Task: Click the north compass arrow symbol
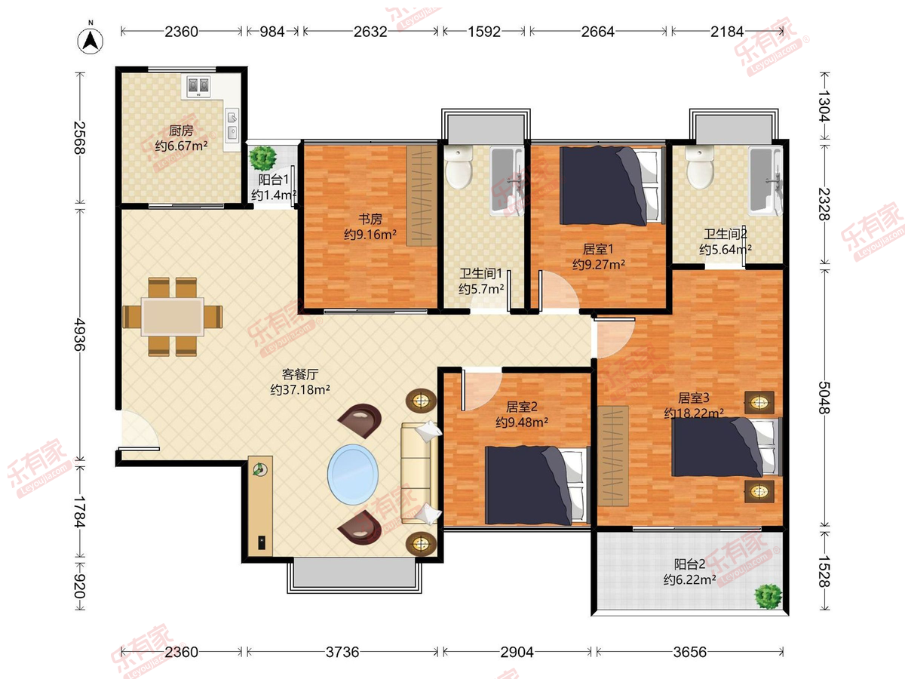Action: (x=90, y=41)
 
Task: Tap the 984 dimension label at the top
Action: (x=272, y=32)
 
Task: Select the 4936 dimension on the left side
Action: (x=80, y=334)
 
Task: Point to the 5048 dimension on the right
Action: (x=824, y=398)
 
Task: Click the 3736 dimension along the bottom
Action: (x=342, y=652)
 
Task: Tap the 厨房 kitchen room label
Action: (x=181, y=131)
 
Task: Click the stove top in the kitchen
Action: (x=198, y=86)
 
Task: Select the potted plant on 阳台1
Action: (x=263, y=158)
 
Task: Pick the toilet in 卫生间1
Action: (x=459, y=167)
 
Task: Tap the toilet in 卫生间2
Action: (x=700, y=167)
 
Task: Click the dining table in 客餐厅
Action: (x=173, y=317)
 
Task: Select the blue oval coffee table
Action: (x=352, y=474)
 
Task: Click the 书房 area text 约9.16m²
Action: (x=370, y=235)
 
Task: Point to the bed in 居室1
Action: (x=612, y=186)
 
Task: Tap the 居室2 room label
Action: (x=522, y=407)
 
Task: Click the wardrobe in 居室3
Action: (x=613, y=456)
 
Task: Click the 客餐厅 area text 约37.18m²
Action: (x=299, y=389)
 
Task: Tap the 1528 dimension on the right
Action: (x=824, y=571)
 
